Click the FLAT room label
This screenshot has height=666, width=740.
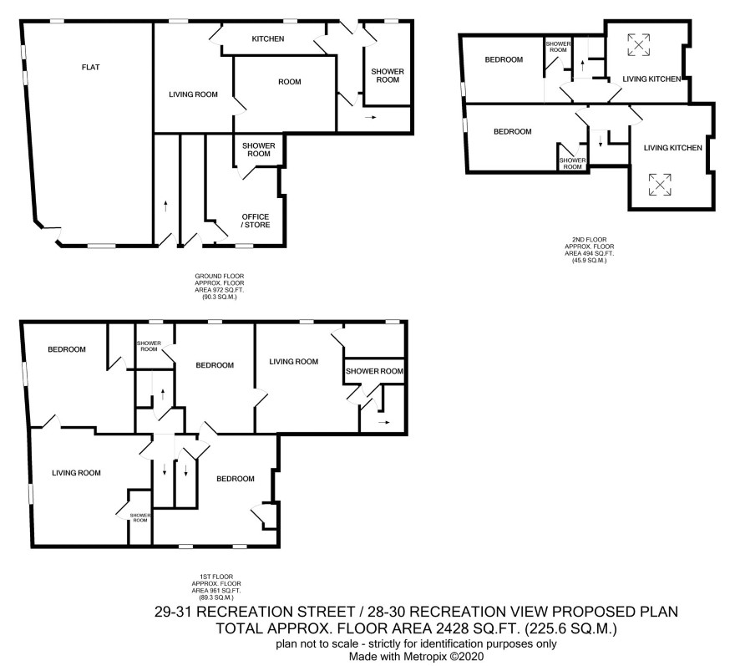tap(90, 67)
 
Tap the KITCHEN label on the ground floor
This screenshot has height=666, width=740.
tap(267, 38)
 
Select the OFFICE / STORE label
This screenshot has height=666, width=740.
tap(256, 221)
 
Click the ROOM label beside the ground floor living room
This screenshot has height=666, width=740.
tap(289, 82)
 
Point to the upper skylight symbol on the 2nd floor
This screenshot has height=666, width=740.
tap(639, 45)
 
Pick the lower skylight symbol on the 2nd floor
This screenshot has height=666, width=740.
tap(660, 184)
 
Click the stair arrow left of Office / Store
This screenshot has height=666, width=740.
tap(165, 206)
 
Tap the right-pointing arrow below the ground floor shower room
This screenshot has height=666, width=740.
tap(371, 117)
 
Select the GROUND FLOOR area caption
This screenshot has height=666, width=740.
tap(220, 287)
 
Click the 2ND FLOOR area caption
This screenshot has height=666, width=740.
tap(590, 250)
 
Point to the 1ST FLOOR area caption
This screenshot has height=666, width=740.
tap(216, 587)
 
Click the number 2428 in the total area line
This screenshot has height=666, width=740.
tap(452, 628)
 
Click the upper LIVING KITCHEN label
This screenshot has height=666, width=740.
tap(651, 79)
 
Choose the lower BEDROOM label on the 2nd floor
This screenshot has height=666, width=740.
tap(513, 131)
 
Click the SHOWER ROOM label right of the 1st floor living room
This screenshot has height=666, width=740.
tap(374, 371)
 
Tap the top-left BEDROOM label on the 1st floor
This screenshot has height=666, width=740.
tap(67, 349)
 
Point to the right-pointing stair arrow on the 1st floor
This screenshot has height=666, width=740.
tap(384, 422)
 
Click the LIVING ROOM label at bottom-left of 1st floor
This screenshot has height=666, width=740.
tap(76, 473)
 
